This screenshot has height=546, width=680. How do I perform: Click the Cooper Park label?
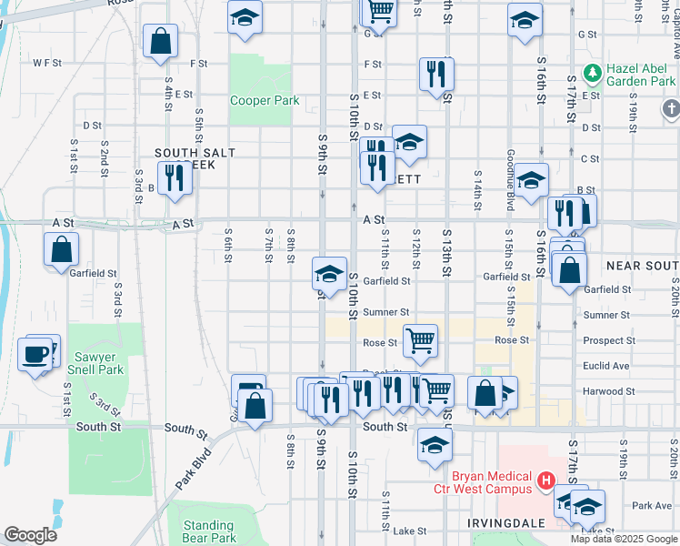click(265, 100)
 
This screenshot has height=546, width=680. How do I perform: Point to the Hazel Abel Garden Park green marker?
click(593, 72)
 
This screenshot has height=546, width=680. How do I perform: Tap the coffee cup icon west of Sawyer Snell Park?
click(36, 354)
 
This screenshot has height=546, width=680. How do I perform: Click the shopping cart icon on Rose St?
click(420, 340)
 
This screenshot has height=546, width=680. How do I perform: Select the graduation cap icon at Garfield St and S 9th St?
click(329, 273)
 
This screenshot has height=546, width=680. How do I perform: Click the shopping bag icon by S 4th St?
click(160, 41)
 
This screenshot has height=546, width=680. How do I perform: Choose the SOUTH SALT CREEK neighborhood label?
click(195, 158)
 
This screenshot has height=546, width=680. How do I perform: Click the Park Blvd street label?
click(194, 469)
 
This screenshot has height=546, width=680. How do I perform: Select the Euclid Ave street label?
click(606, 366)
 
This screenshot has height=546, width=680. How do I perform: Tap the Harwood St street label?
click(606, 391)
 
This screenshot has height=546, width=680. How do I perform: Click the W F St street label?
click(46, 64)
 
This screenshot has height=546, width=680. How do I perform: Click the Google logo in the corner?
click(30, 535)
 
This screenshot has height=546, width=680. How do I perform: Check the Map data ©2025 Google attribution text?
click(624, 539)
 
